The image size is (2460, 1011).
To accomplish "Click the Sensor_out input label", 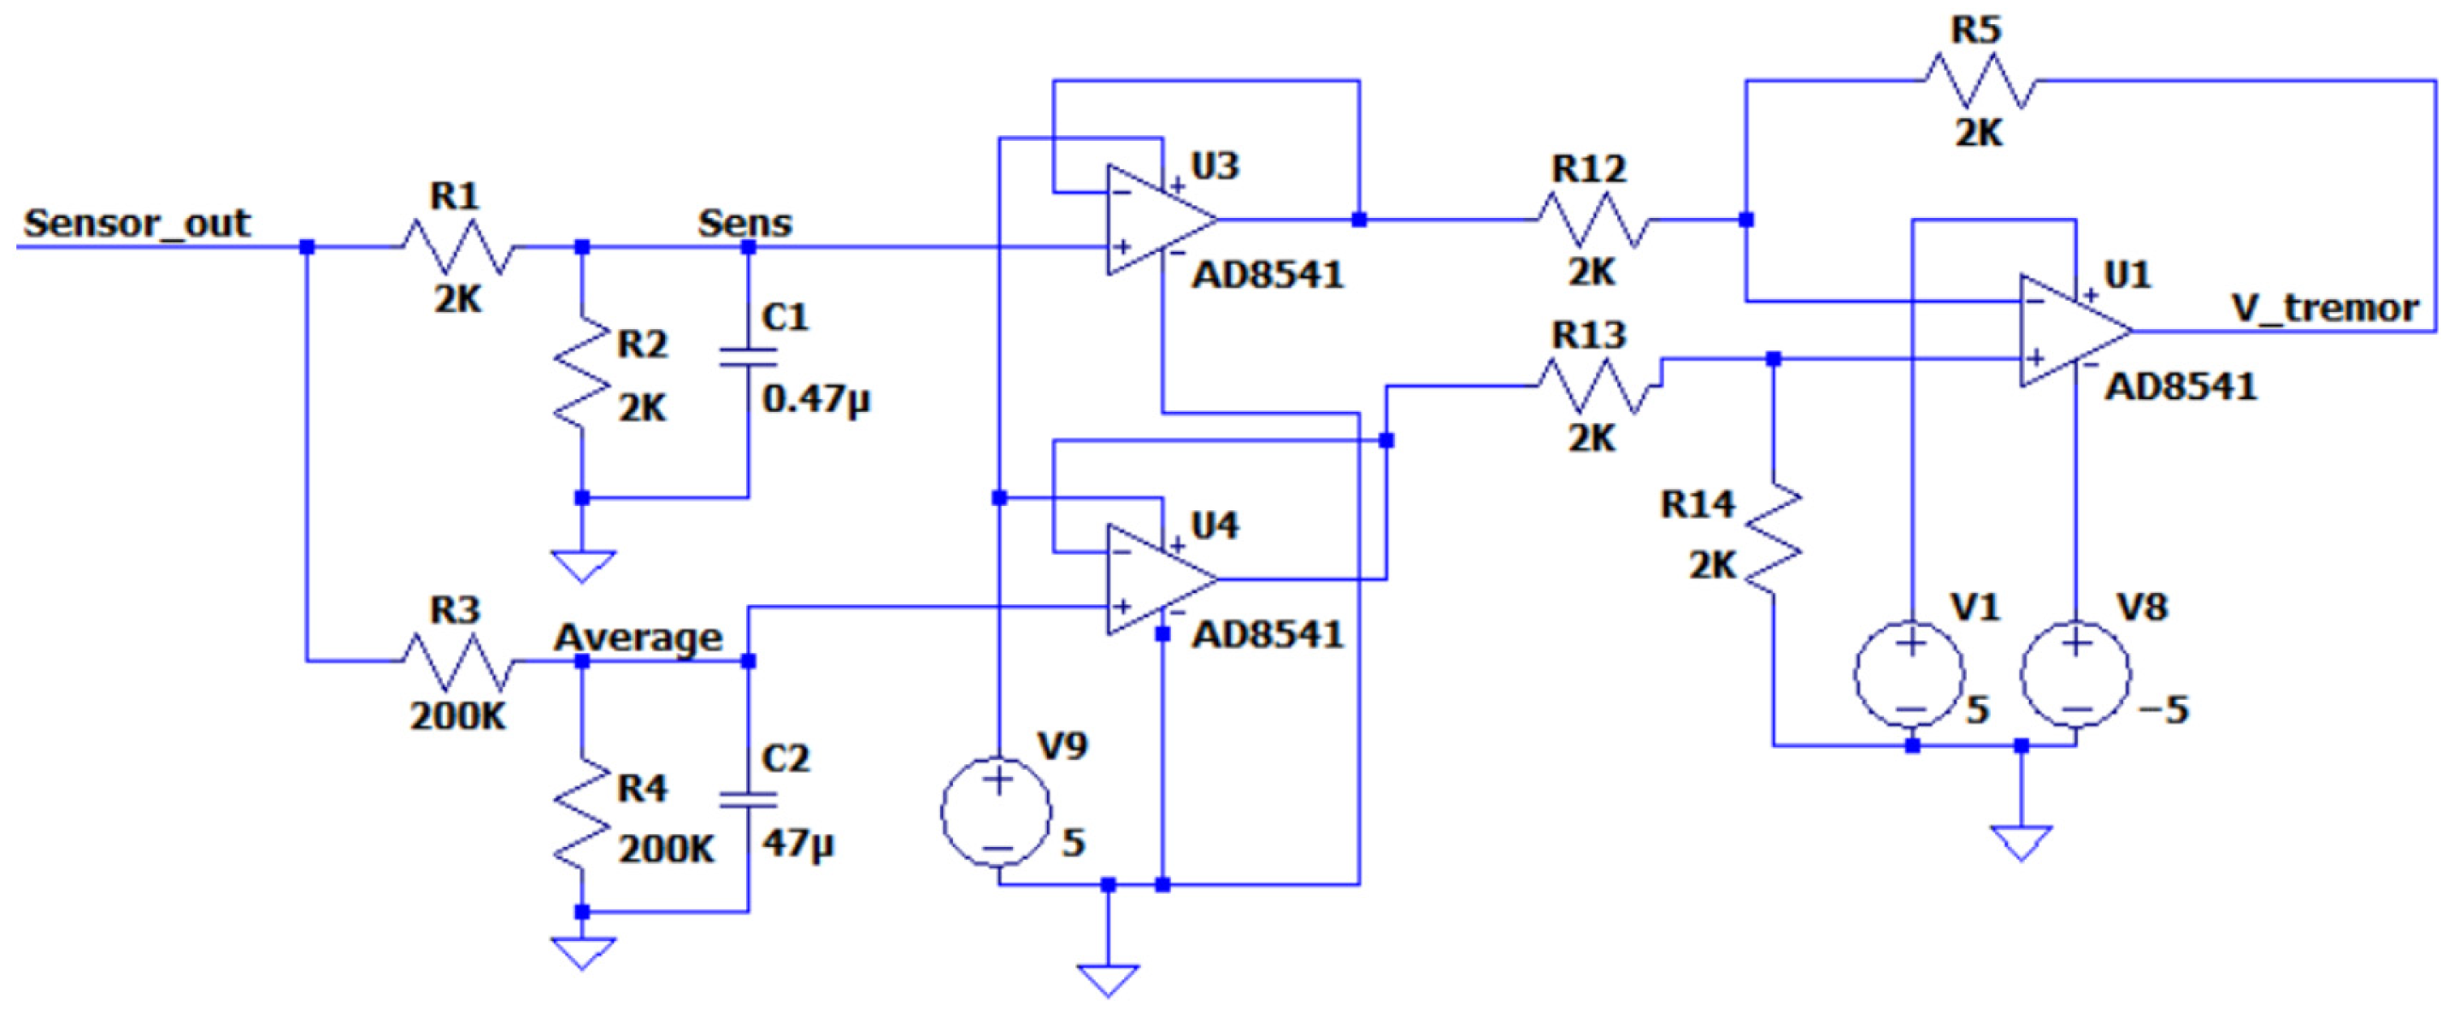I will click(137, 223).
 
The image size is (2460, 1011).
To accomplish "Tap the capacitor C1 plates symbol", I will click(748, 358).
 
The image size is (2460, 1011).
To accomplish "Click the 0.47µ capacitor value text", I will click(816, 399).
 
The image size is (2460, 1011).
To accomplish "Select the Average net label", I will click(638, 637).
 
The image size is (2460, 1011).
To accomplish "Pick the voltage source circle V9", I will click(997, 813).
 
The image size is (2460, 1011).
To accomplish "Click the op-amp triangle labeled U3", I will click(1156, 220).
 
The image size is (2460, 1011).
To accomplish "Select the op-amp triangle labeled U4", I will click(1156, 579).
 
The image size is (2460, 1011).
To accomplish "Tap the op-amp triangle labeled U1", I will click(2069, 332).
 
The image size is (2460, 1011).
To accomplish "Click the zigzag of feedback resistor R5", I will click(1978, 80).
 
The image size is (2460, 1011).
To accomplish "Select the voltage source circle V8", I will click(2075, 675).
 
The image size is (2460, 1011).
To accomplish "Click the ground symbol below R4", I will click(581, 951).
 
